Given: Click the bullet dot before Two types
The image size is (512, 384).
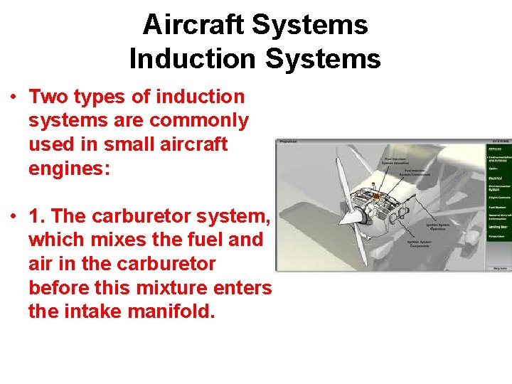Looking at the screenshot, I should coord(14,97).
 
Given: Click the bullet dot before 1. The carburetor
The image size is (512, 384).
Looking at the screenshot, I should coord(14,216).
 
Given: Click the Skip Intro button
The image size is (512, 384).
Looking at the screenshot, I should coord(499,268).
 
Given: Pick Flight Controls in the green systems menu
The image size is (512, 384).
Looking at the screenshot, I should coord(498,197).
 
